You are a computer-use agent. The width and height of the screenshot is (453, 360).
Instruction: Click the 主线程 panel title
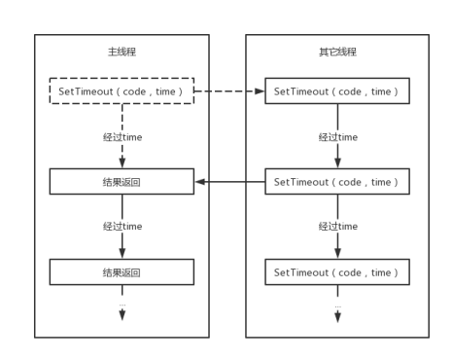pos(122,51)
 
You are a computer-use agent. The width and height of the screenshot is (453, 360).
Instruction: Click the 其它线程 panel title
pos(336,51)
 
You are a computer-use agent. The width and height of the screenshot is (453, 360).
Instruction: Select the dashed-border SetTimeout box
pos(122,91)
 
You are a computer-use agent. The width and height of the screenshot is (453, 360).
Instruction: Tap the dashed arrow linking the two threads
pos(229,91)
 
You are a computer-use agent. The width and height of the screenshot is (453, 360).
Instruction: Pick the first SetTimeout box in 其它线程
pos(336,91)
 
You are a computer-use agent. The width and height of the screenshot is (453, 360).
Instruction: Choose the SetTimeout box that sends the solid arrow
pos(336,182)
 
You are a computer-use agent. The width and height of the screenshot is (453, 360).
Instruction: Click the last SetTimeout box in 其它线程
pos(336,271)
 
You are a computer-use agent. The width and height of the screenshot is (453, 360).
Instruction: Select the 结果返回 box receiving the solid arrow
pos(122,182)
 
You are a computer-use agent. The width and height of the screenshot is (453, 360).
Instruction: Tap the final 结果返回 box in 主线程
pos(122,271)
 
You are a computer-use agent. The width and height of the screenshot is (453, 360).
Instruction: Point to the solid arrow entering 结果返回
pos(229,182)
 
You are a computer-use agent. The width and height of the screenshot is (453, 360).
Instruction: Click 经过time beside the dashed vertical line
pos(122,137)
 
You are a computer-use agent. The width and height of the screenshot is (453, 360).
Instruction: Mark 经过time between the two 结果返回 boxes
pos(122,227)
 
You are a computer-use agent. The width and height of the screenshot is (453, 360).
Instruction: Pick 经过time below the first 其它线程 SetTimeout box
pos(336,137)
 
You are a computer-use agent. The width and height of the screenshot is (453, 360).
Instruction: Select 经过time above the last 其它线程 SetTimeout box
pos(336,227)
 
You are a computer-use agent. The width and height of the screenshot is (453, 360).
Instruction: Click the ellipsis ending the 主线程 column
pos(122,306)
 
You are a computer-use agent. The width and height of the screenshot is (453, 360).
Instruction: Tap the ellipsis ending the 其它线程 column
pos(336,306)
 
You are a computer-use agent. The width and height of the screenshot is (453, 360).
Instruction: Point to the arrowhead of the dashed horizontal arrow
pos(261,91)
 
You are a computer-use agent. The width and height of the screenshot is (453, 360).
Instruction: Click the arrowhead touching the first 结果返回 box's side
pos(199,182)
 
